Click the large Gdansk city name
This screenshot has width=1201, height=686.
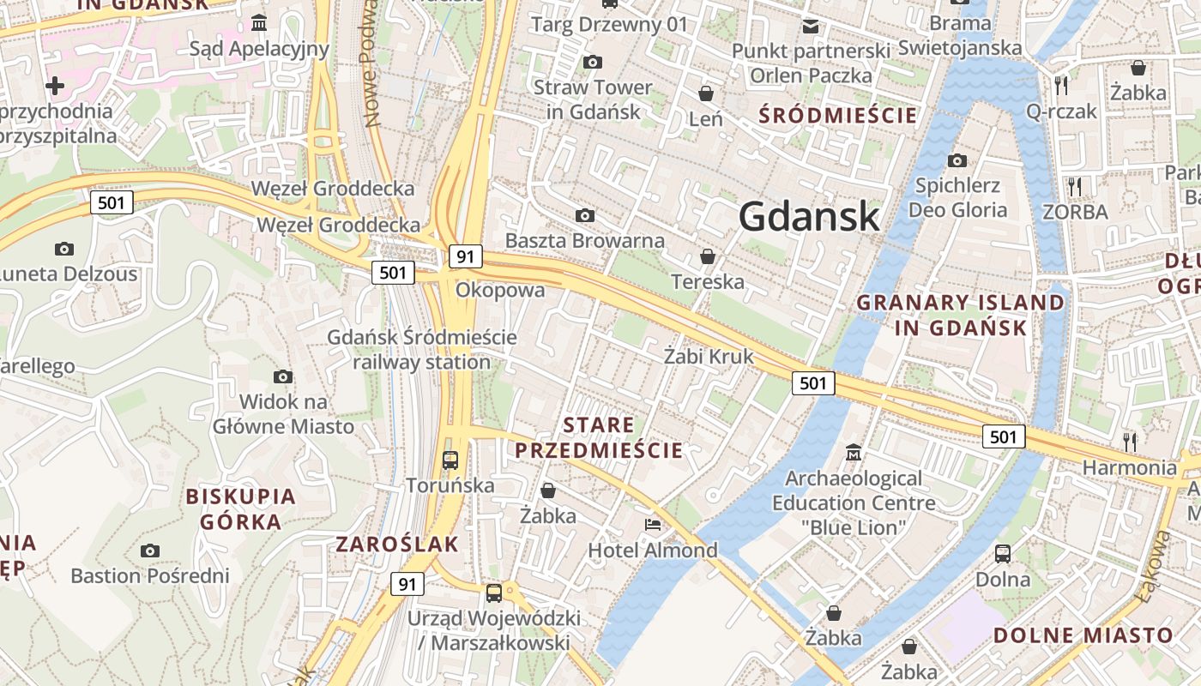tap(809, 216)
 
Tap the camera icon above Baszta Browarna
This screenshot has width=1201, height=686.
tap(585, 214)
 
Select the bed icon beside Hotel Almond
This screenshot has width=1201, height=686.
tap(653, 524)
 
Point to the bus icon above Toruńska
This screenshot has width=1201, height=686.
tap(450, 460)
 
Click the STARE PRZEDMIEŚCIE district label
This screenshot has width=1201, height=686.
tap(599, 437)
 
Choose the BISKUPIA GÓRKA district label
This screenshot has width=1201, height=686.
tap(240, 508)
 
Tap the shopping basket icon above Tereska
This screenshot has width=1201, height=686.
tap(708, 256)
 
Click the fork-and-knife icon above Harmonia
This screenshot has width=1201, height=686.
tap(1130, 442)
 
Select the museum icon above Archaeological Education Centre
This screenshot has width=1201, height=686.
tap(854, 452)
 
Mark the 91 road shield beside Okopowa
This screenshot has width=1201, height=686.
tap(465, 256)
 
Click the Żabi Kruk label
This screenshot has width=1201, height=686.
tap(709, 356)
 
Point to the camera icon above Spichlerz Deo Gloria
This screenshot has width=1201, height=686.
tap(957, 160)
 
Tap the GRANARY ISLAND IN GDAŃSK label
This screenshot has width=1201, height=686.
tap(960, 315)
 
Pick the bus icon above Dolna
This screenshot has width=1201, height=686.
tap(1003, 554)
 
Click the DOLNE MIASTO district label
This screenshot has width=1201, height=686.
tap(1083, 635)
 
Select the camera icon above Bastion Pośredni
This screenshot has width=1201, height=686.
tap(150, 550)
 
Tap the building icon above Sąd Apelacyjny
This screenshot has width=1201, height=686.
tap(259, 22)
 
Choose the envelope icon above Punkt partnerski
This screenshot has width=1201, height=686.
tap(811, 27)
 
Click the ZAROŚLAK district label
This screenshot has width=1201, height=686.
tap(397, 544)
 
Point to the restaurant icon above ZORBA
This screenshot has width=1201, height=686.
tap(1074, 186)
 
